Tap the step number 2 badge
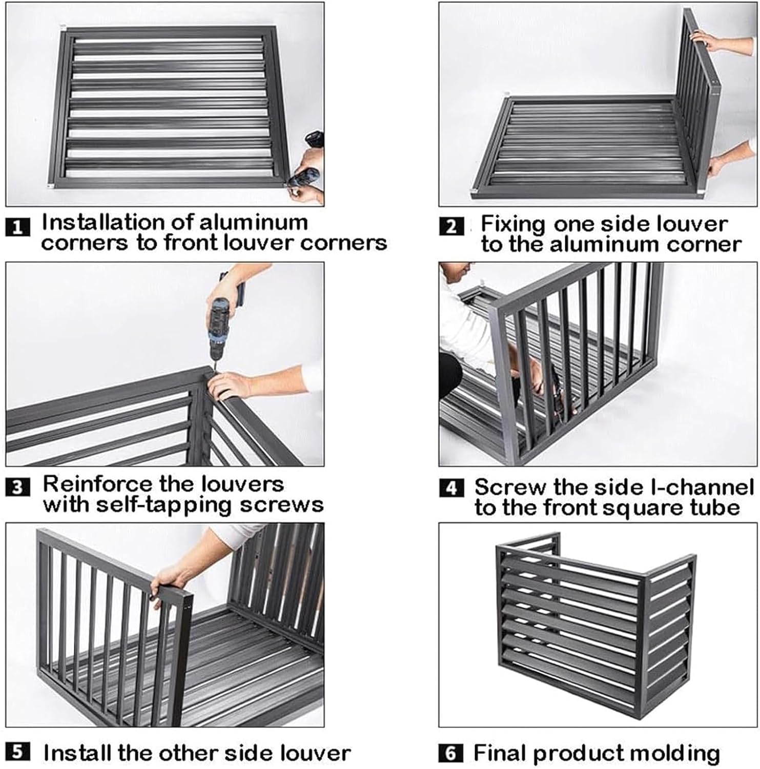[451, 227]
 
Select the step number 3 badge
[17, 487]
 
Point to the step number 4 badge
[451, 488]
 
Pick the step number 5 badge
[17, 752]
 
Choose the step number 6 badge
[451, 753]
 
